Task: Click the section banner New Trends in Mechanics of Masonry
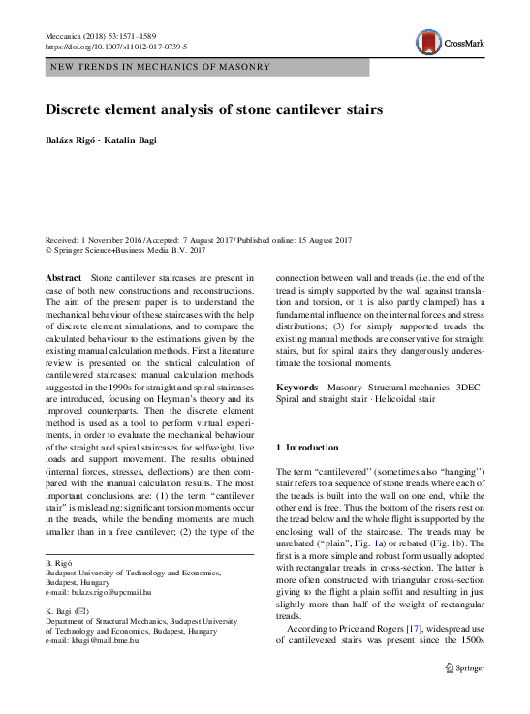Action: click(159, 67)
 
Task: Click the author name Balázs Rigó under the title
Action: click(73, 140)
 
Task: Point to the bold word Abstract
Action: click(63, 278)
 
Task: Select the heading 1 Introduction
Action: click(308, 448)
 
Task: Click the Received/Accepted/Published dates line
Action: click(199, 240)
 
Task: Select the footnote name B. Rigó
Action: click(60, 563)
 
